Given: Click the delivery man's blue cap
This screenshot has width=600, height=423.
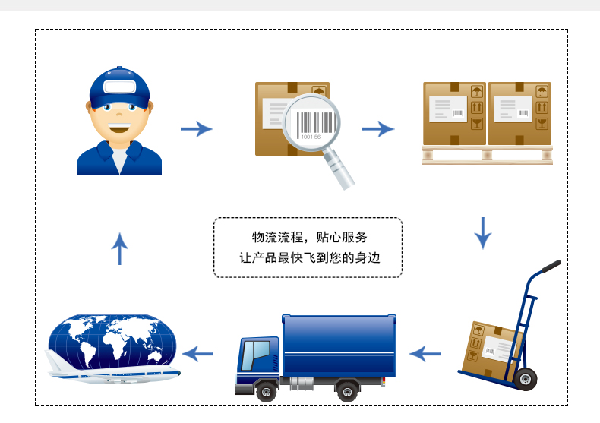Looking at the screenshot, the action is tap(119, 88).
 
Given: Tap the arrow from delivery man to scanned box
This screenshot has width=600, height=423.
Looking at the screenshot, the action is tap(197, 129).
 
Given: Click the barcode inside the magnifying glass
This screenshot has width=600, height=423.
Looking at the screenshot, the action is tap(315, 122).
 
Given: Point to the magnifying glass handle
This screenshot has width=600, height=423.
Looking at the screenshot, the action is tap(339, 169).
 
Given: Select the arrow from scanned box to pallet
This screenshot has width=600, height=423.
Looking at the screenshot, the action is tap(378, 129).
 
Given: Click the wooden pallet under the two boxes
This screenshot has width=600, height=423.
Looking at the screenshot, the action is tap(487, 155).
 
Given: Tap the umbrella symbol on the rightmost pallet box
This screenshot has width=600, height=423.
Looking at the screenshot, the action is tap(542, 91).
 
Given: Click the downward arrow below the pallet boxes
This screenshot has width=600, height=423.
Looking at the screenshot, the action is tap(483, 233).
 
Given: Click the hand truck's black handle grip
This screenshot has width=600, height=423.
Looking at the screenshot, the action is tap(551, 267).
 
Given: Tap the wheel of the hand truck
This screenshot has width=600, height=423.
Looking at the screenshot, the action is tap(526, 380).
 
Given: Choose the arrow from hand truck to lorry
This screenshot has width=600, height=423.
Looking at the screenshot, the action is tap(425, 354).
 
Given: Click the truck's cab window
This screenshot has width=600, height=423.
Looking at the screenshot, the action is tap(255, 355).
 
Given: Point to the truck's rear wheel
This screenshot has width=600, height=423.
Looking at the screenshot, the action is tap(347, 391).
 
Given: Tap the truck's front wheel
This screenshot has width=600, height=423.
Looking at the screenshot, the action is tap(267, 391).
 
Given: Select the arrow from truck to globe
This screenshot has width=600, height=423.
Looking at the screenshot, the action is tap(197, 354).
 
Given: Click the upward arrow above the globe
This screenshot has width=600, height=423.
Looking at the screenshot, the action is tap(120, 248).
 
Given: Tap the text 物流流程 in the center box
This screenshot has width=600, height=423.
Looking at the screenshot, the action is tap(277, 237).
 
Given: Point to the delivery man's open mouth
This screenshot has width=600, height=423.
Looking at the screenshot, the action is tap(119, 128).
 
